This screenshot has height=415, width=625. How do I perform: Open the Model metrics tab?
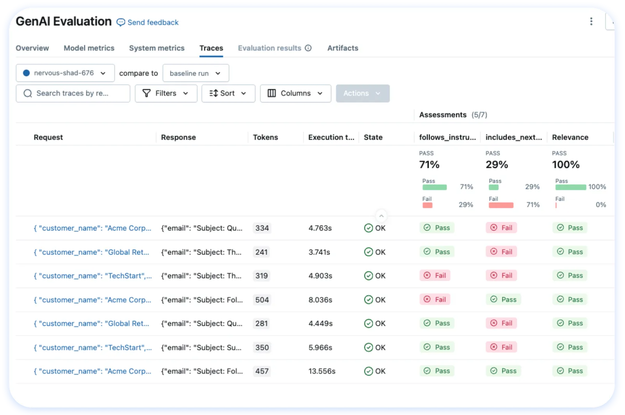pyautogui.click(x=89, y=48)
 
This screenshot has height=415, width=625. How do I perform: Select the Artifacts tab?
pyautogui.click(x=343, y=48)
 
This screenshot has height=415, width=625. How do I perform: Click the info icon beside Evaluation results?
pyautogui.click(x=308, y=48)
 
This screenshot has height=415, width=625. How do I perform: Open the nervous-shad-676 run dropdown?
pyautogui.click(x=65, y=73)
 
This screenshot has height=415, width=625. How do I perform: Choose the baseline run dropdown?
pyautogui.click(x=196, y=73)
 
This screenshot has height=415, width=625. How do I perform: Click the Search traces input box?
pyautogui.click(x=73, y=93)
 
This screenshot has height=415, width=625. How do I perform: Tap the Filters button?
pyautogui.click(x=166, y=93)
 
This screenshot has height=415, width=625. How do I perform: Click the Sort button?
pyautogui.click(x=228, y=93)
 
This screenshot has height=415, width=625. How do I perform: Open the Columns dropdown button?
pyautogui.click(x=295, y=93)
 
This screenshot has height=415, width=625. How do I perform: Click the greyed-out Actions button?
pyautogui.click(x=362, y=93)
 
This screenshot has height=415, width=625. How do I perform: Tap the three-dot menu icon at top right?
pyautogui.click(x=591, y=21)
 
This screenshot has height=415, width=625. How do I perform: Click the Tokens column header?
pyautogui.click(x=265, y=137)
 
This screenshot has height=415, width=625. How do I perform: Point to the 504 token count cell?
pyautogui.click(x=262, y=300)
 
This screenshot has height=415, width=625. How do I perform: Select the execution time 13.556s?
pyautogui.click(x=322, y=371)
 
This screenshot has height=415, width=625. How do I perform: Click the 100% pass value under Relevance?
pyautogui.click(x=566, y=165)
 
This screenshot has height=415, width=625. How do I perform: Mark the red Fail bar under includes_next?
pyautogui.click(x=501, y=205)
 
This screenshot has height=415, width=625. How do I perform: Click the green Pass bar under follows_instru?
pyautogui.click(x=434, y=187)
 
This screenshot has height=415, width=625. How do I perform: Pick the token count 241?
pyautogui.click(x=261, y=252)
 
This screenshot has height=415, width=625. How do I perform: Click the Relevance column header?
pyautogui.click(x=570, y=137)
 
